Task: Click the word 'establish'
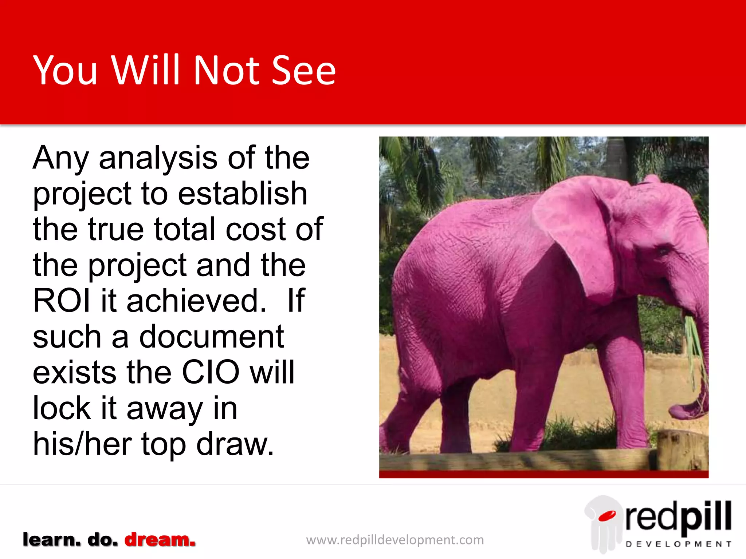tap(243, 194)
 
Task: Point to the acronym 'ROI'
tap(62, 301)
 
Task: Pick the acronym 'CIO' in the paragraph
tap(211, 372)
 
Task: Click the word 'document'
tap(212, 337)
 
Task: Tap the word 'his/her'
tap(82, 444)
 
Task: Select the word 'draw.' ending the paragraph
tap(235, 444)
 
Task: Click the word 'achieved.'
tap(197, 301)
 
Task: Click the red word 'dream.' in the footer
tap(160, 540)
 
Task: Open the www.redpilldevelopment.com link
tap(395, 540)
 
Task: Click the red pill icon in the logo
tap(607, 516)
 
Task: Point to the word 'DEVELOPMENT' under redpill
tap(678, 544)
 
